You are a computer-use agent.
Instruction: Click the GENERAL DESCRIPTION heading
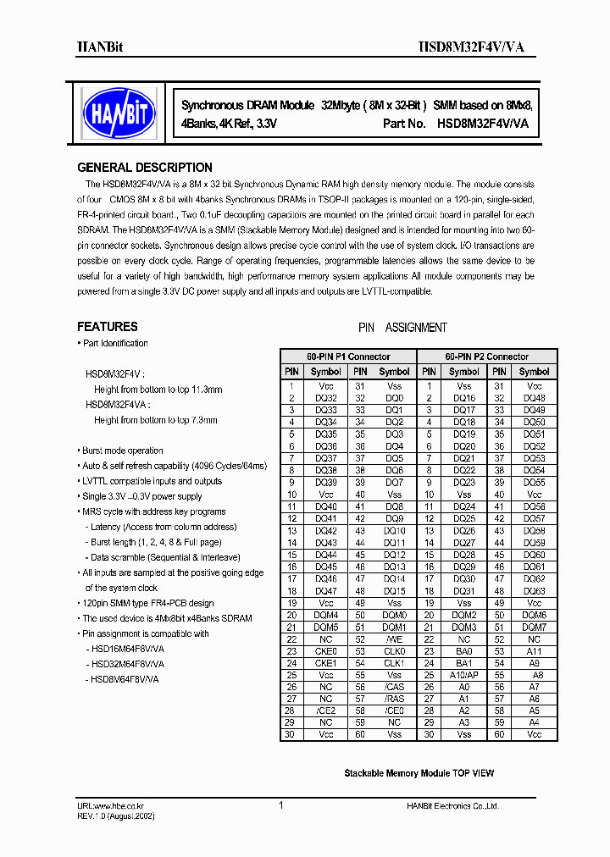click(x=145, y=168)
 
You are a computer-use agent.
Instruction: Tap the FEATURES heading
click(x=108, y=327)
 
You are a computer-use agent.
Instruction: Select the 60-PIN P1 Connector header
click(x=349, y=357)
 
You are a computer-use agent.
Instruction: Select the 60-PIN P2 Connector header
click(x=488, y=357)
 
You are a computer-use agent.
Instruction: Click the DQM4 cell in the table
click(x=325, y=615)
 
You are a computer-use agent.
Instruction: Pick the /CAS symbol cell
click(x=395, y=687)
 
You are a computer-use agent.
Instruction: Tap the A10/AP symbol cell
click(x=464, y=675)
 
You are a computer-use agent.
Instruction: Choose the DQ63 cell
click(x=534, y=590)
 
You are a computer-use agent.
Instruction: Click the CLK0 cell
click(x=395, y=651)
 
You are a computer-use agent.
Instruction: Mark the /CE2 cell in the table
click(x=325, y=710)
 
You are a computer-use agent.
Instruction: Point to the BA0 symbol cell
click(x=464, y=651)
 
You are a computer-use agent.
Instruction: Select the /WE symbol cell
click(x=395, y=639)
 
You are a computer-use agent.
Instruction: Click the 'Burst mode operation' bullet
click(x=123, y=451)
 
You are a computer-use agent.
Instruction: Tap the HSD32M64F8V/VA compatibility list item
click(x=125, y=664)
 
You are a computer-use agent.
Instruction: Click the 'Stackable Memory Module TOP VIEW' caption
click(x=419, y=773)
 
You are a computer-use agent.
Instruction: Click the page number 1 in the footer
click(x=280, y=806)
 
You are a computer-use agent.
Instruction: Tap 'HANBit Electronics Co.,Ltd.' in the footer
click(x=452, y=807)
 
